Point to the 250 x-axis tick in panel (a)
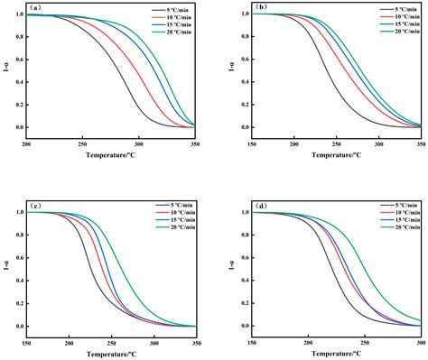tap(82, 144)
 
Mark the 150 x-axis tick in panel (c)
tap(26, 343)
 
